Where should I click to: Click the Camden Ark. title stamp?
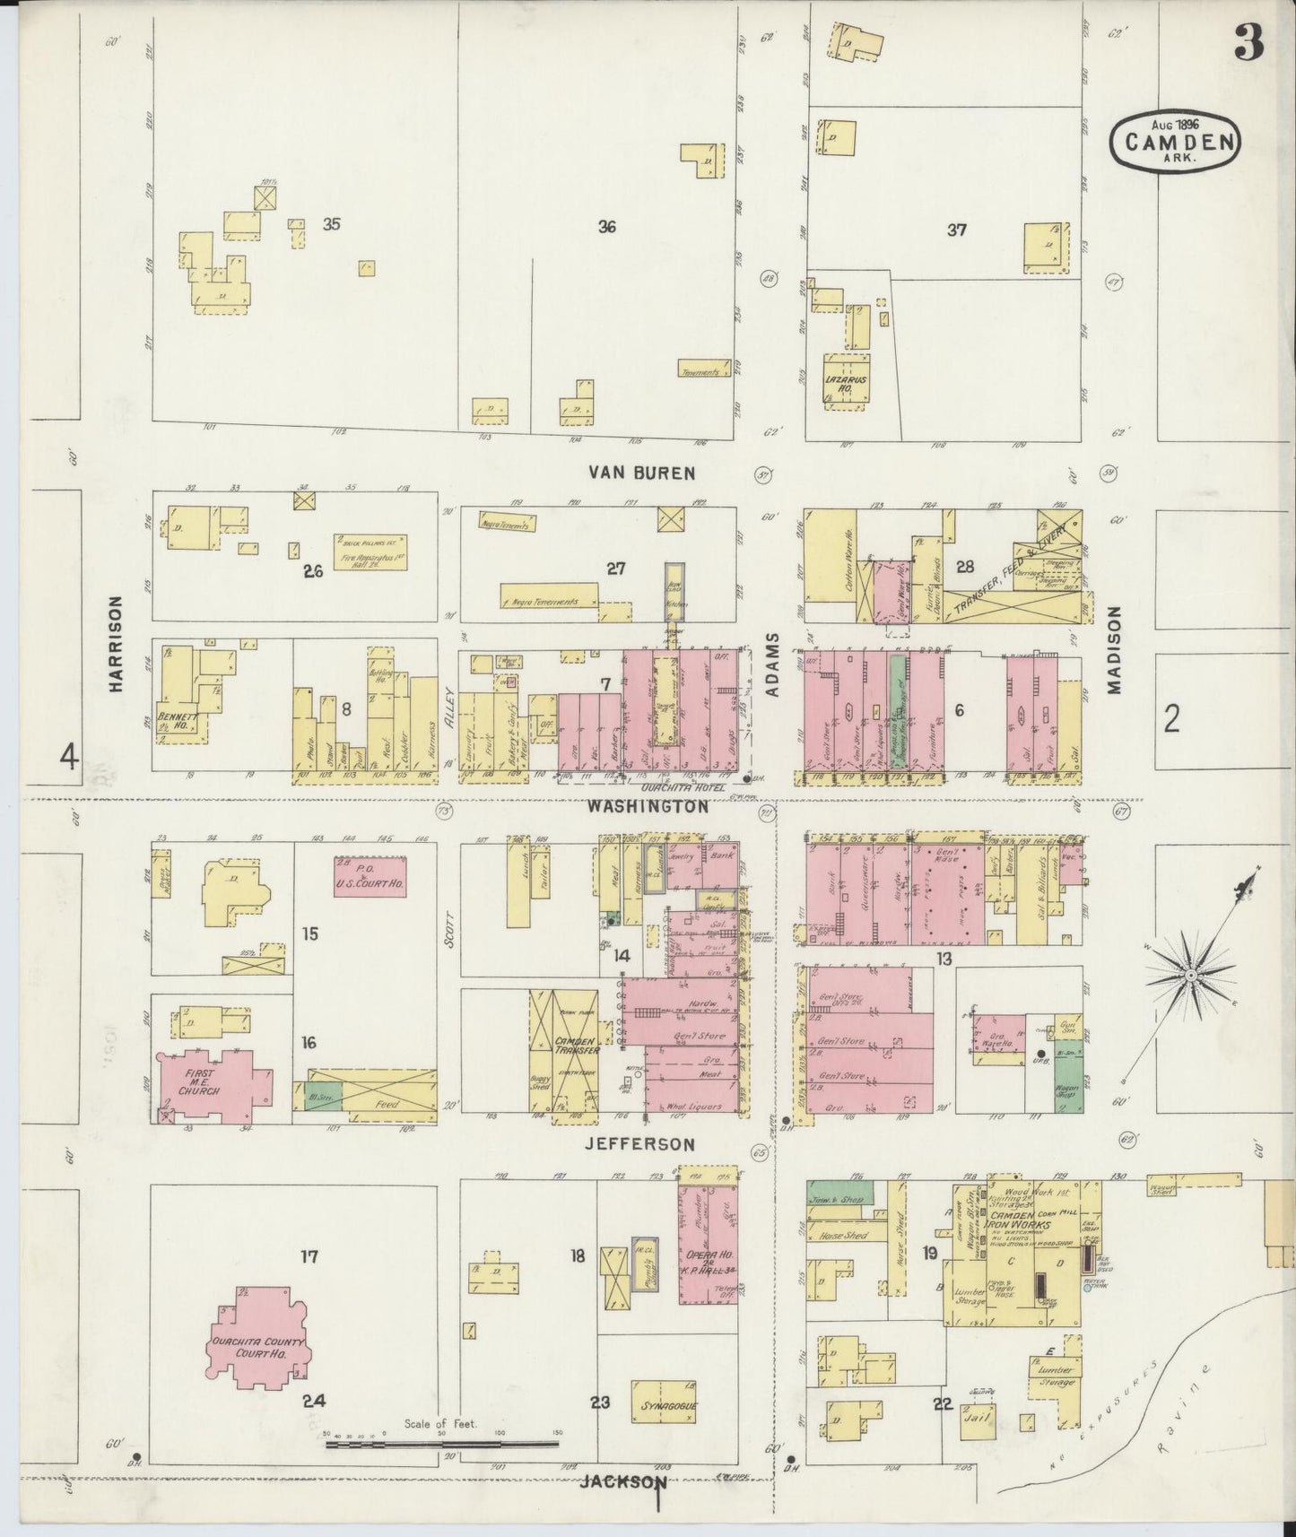(x=1176, y=140)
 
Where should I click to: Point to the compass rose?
(x=1190, y=975)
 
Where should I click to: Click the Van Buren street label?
(x=641, y=473)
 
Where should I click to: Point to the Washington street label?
(x=648, y=807)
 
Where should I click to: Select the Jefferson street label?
(x=640, y=1144)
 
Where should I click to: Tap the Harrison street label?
(x=115, y=645)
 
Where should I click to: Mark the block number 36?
(x=607, y=227)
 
